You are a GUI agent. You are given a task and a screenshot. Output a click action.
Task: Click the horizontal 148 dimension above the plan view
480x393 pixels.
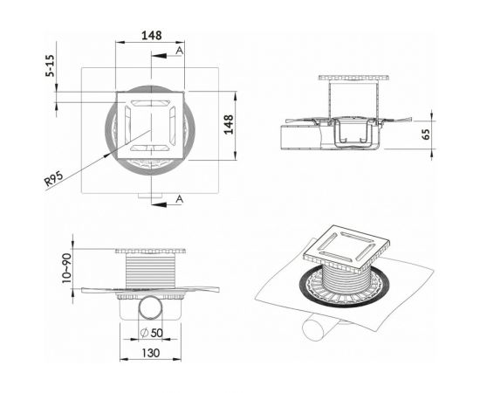[x=151, y=36]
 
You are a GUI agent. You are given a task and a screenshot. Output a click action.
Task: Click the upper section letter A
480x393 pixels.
[x=179, y=52]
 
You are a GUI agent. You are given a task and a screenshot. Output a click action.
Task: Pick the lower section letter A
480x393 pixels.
[x=179, y=200]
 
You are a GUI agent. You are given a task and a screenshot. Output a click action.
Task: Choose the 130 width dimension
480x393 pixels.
[x=151, y=353]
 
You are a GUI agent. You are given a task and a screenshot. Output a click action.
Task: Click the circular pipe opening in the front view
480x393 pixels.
[x=151, y=311]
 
